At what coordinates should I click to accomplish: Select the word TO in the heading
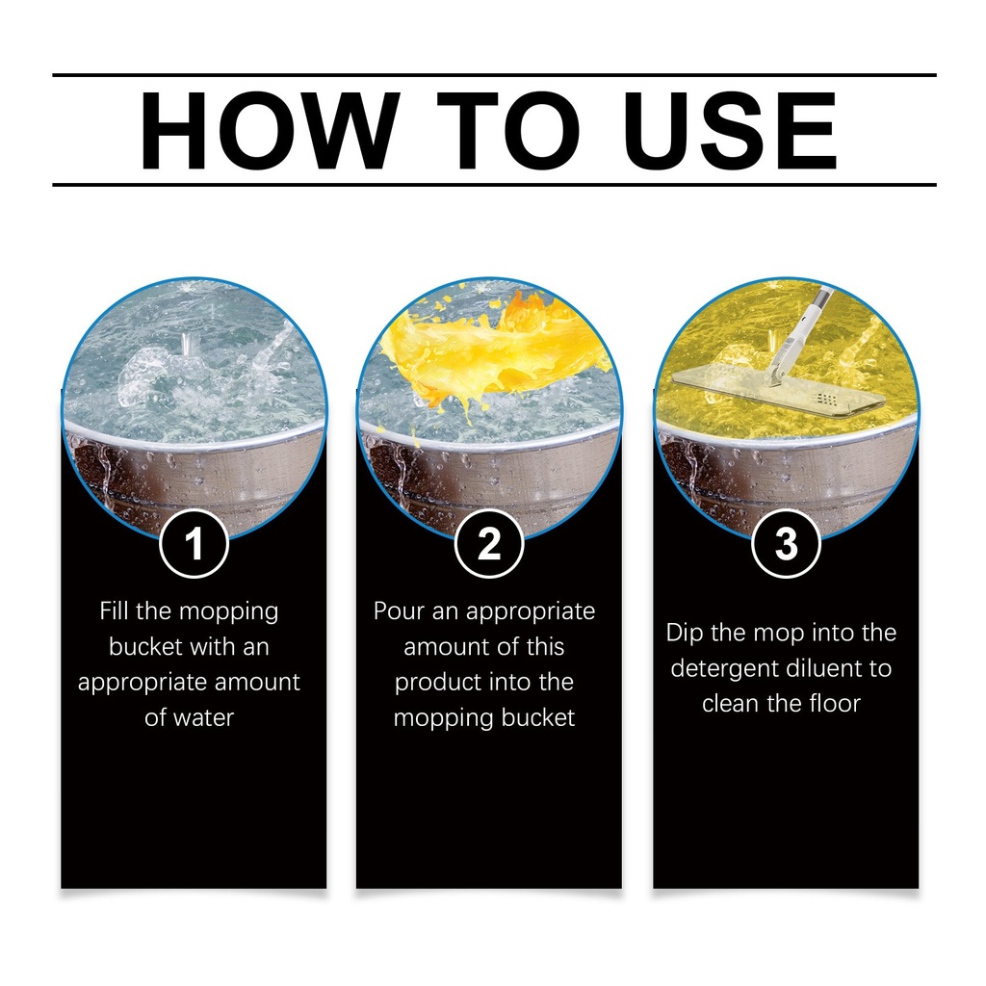tap(508, 130)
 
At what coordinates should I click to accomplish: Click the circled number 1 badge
tap(194, 543)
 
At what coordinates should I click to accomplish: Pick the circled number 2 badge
tap(489, 543)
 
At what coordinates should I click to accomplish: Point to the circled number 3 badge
tap(786, 543)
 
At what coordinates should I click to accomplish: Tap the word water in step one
tap(203, 717)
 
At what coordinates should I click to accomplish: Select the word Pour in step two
tap(399, 610)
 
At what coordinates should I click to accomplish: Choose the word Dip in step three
tap(685, 633)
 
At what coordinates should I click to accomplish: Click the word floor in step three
tap(835, 703)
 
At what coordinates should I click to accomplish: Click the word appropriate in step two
tap(531, 612)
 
